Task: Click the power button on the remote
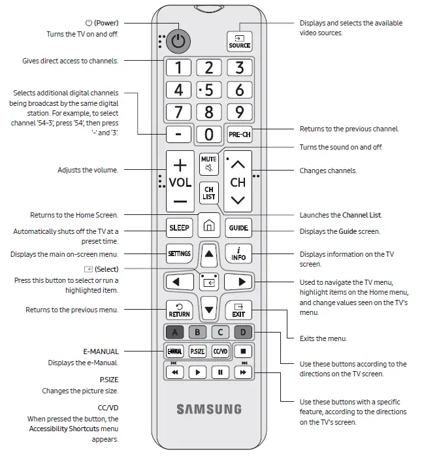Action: (178, 41)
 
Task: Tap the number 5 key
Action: (209, 90)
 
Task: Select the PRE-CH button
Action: (239, 134)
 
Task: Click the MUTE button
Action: (209, 164)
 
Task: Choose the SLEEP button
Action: (179, 228)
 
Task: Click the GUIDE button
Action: (238, 228)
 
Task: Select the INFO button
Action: (238, 254)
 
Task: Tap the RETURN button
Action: (179, 310)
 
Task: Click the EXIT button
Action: (238, 310)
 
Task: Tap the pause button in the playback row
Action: (220, 372)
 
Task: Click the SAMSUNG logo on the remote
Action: (209, 410)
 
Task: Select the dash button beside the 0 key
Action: (179, 134)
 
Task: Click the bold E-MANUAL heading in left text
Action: (101, 352)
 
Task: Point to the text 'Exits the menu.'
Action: (323, 338)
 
